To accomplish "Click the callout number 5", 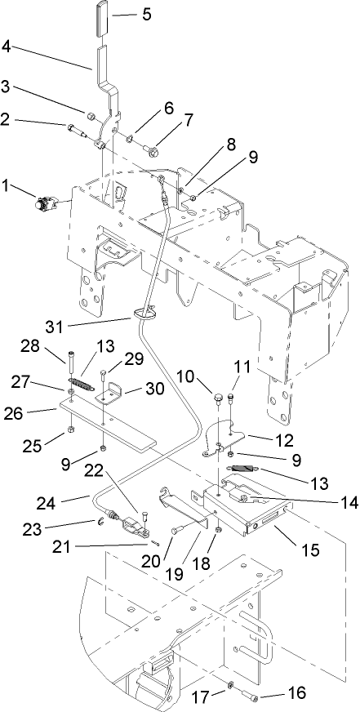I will click(x=147, y=14).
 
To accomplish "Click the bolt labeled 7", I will click(x=151, y=150).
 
